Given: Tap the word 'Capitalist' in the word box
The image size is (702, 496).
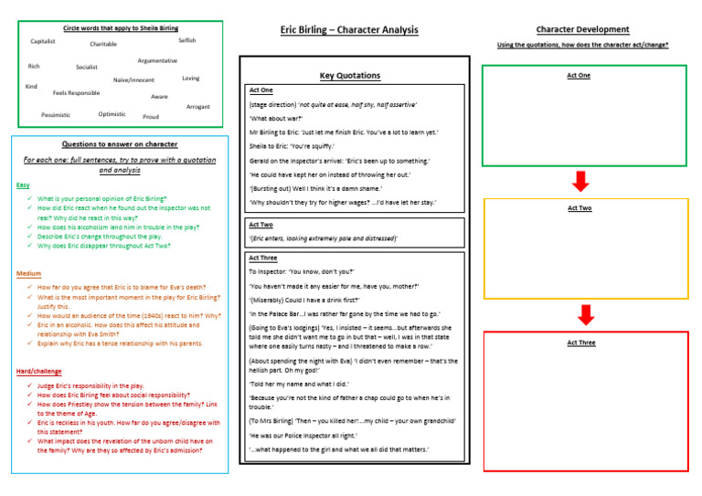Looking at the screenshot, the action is (x=43, y=41).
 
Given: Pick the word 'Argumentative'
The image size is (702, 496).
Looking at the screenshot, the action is (x=157, y=60).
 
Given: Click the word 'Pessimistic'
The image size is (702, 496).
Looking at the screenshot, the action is (x=56, y=115).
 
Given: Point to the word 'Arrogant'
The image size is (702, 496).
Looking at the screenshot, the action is (x=198, y=107).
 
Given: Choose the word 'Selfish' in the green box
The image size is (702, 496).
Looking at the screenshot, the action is (x=186, y=40).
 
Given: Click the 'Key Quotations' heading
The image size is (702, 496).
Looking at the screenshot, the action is (x=350, y=76).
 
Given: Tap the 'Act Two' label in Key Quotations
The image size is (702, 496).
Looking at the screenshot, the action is (x=261, y=224).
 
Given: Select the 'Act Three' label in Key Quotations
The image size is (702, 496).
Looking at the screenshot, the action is (x=263, y=258).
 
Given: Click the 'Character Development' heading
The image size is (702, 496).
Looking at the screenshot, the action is (x=582, y=29).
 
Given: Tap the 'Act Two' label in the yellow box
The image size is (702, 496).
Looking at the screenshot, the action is (x=580, y=208).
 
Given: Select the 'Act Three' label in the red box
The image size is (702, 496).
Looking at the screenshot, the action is (x=580, y=343).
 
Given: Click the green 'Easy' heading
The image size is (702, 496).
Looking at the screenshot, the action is (x=23, y=185).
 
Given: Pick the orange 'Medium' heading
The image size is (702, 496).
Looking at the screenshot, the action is (x=28, y=273).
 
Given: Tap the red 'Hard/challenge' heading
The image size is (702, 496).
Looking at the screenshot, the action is (x=39, y=372).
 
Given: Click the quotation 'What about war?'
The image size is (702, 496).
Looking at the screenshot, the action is (x=275, y=118).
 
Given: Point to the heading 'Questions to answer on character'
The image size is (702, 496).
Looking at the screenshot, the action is (x=119, y=144).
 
